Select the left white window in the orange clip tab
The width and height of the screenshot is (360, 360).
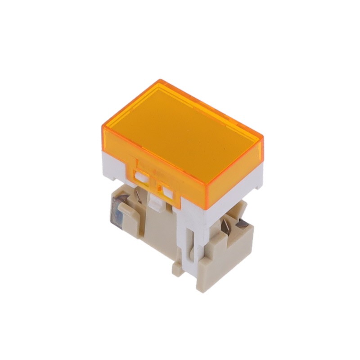pyautogui.click(x=141, y=177)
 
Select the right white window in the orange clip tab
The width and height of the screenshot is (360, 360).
pyautogui.click(x=168, y=193)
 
